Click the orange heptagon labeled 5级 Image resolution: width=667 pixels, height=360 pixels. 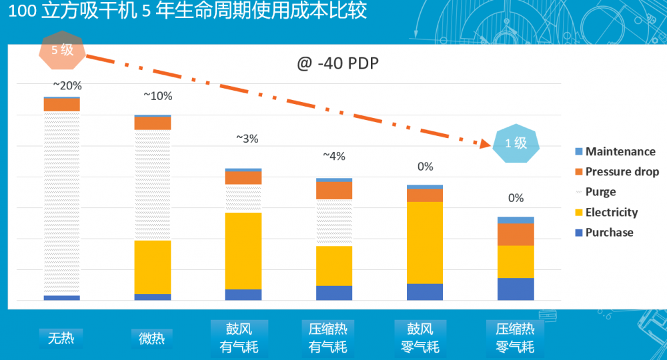click(62, 51)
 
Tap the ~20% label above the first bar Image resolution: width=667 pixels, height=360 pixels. click(67, 85)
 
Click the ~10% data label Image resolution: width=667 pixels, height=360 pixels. click(157, 96)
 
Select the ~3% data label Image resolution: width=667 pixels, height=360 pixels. click(247, 139)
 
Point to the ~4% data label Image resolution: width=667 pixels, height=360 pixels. click(333, 156)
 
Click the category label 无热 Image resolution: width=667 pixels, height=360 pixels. click(61, 338)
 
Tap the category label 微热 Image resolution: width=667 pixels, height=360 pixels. click(151, 338)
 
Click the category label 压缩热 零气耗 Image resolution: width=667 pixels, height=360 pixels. click(515, 338)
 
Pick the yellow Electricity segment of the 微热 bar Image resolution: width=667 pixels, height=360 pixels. click(153, 267)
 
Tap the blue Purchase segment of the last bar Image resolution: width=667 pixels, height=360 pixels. click(516, 289)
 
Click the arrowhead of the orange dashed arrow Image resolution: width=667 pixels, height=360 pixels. click(485, 141)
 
